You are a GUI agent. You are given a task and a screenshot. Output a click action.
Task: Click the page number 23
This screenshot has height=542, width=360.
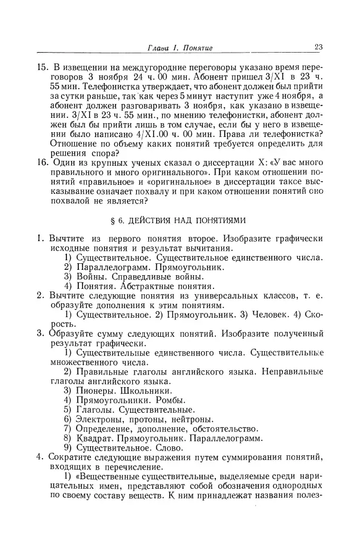[318, 48]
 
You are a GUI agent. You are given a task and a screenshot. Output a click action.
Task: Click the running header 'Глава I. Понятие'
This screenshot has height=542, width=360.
[176, 48]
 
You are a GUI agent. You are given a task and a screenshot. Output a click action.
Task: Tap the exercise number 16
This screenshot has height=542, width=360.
[42, 162]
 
